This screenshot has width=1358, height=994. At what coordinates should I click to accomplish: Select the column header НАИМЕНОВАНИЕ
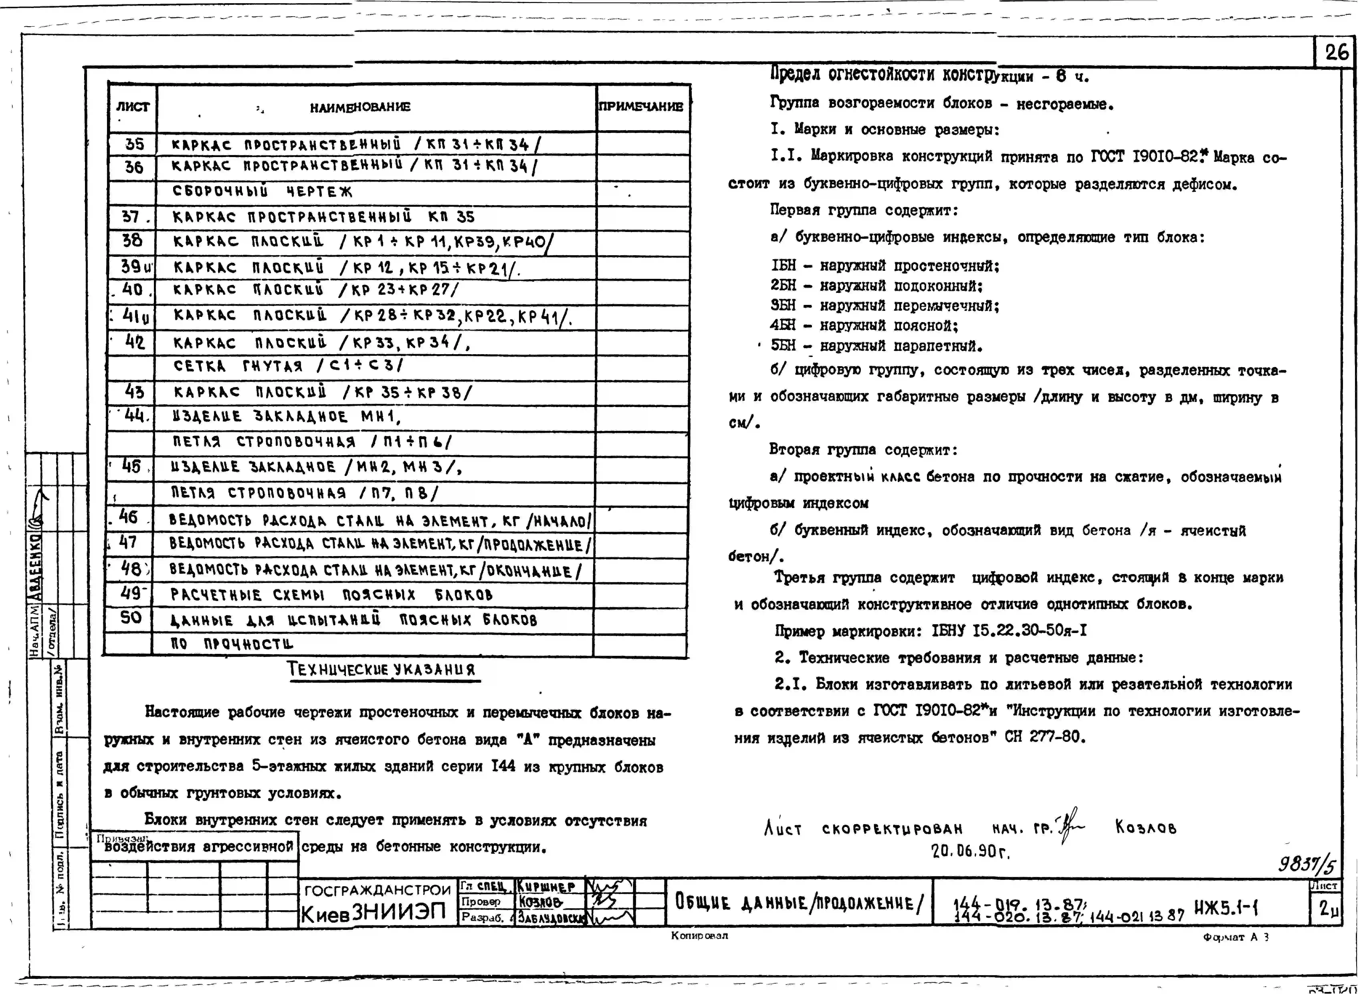click(360, 107)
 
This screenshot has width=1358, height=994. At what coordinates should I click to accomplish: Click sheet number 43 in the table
click(134, 392)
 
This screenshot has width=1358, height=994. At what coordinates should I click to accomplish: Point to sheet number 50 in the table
click(131, 617)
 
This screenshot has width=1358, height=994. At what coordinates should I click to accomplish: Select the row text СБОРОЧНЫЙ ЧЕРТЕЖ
click(263, 191)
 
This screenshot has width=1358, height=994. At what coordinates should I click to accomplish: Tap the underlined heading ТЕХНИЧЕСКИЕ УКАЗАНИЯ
click(382, 670)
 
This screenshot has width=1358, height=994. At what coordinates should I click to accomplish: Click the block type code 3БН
click(783, 305)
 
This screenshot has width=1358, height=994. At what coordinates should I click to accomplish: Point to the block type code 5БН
click(783, 346)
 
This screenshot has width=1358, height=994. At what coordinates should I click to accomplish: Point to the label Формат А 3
click(1236, 937)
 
